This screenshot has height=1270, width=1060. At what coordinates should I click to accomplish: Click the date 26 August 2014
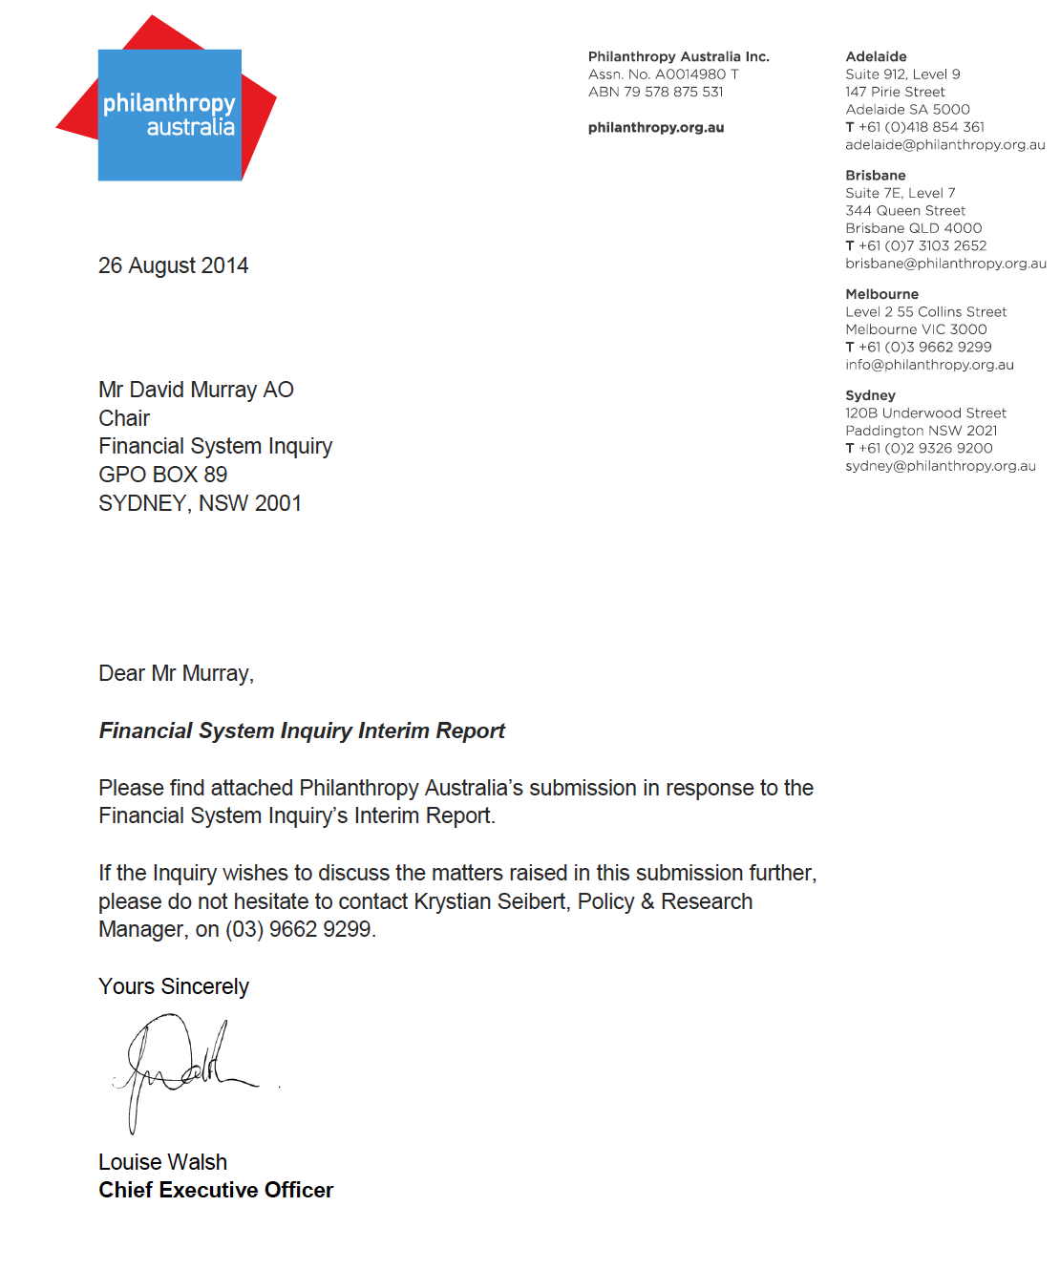173,265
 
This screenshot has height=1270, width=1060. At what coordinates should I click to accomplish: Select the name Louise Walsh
162,1162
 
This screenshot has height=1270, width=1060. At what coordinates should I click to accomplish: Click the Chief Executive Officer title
216,1190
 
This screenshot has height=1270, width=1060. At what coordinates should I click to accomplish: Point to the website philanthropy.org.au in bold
656,128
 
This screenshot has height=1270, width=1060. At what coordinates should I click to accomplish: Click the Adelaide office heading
876,57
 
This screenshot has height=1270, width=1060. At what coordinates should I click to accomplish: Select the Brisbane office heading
875,176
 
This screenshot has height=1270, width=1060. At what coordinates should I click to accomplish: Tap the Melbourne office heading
881,294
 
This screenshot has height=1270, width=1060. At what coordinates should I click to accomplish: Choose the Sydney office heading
870,395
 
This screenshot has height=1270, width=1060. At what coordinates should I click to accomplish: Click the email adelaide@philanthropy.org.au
944,145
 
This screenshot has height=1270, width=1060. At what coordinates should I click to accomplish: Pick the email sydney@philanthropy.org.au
940,466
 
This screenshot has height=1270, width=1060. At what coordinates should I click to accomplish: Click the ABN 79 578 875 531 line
655,92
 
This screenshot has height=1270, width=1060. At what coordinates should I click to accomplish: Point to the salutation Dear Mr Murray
176,673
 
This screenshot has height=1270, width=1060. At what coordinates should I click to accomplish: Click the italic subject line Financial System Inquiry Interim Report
302,730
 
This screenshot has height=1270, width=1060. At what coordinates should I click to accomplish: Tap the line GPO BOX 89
162,475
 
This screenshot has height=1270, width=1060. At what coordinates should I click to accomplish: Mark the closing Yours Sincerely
173,986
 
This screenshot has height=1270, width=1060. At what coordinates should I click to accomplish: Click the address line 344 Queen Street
905,211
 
